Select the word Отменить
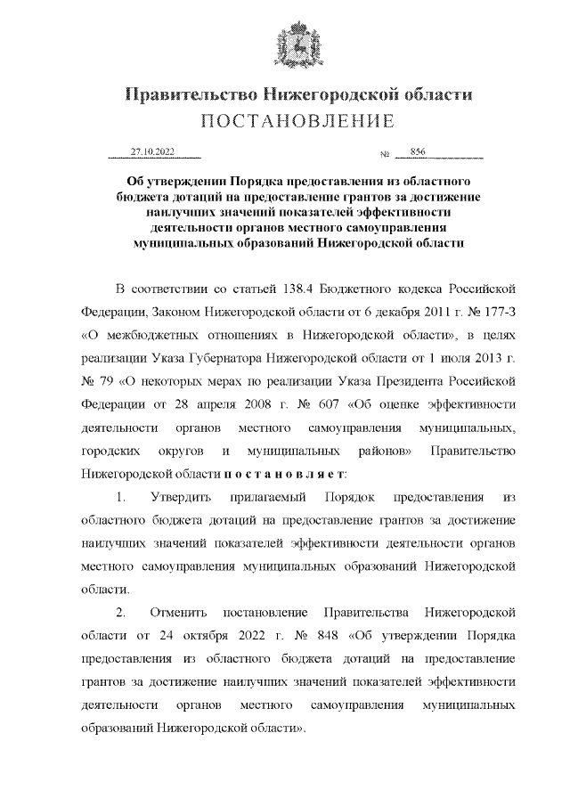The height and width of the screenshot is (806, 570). point(180,614)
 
